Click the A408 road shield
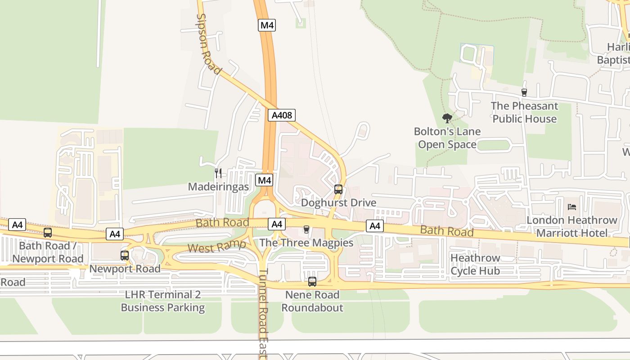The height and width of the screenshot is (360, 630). [x=282, y=115]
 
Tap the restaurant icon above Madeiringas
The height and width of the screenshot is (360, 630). [x=218, y=173]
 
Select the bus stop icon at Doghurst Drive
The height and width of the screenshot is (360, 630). [x=338, y=189]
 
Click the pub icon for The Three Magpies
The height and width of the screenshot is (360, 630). [x=306, y=229]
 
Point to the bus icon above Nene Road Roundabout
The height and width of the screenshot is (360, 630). [x=312, y=282]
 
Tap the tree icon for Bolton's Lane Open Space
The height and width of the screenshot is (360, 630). [x=447, y=118]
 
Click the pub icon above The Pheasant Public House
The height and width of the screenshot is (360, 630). [x=524, y=93]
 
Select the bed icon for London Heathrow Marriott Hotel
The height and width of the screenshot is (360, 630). [x=572, y=207]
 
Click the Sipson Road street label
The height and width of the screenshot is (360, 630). [x=209, y=44]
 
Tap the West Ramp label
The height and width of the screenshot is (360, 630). [x=216, y=247]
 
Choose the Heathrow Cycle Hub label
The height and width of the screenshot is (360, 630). [x=475, y=265]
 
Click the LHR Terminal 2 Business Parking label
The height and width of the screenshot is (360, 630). [x=163, y=301]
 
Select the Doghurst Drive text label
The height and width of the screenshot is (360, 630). [x=338, y=202]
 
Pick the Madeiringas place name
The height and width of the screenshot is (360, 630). [x=218, y=186]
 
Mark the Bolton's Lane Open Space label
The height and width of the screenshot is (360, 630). [x=447, y=138]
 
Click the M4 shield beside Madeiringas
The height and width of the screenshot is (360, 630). [x=264, y=180]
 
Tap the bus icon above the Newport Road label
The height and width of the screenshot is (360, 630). [x=125, y=256]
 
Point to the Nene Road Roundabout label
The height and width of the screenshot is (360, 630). [x=312, y=301]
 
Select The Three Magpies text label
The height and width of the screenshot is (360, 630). [x=306, y=243]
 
